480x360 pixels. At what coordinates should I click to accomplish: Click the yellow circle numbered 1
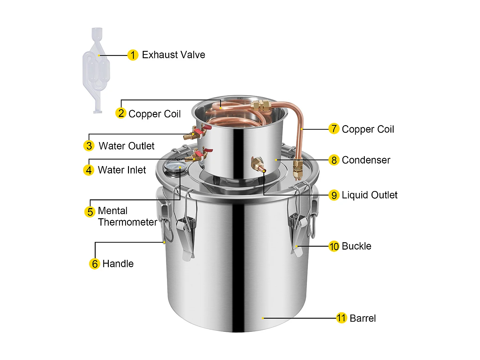click(x=133, y=55)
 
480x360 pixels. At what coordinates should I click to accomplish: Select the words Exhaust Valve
click(x=173, y=55)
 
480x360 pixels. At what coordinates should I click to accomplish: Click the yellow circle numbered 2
click(x=121, y=113)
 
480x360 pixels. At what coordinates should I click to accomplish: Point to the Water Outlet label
click(x=126, y=146)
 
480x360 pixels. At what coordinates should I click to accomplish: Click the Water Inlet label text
click(x=122, y=170)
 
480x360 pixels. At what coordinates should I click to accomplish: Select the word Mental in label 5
click(x=113, y=211)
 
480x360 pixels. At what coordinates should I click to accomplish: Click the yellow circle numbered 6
click(x=94, y=264)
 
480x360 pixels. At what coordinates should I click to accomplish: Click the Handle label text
click(x=118, y=264)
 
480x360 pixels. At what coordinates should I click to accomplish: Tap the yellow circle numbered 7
click(x=334, y=129)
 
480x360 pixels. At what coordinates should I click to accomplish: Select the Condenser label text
click(x=366, y=160)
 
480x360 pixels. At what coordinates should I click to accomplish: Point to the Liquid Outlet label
click(x=369, y=195)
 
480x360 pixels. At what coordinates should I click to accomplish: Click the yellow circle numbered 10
click(x=334, y=246)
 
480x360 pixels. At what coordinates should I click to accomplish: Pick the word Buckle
click(x=356, y=246)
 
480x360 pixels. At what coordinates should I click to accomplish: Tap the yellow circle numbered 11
click(x=341, y=318)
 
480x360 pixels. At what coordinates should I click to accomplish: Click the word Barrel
click(x=363, y=318)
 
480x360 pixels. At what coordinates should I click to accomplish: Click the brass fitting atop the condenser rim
click(x=261, y=105)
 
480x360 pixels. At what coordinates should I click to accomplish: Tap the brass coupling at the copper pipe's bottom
click(x=298, y=169)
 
